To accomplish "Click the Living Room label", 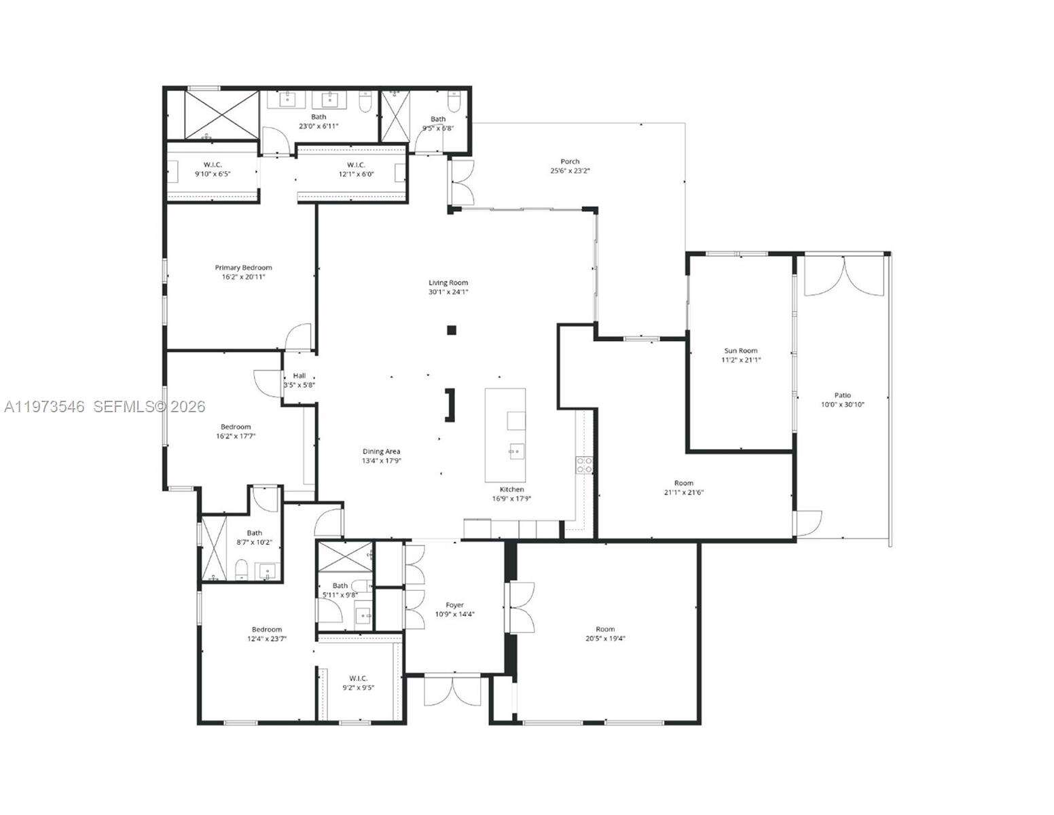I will tap(448, 283).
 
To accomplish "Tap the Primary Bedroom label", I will tap(243, 268).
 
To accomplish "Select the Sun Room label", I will tap(740, 350).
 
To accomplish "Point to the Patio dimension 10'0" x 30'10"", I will tap(842, 405).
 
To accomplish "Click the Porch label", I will tap(570, 162).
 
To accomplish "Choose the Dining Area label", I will tap(381, 451).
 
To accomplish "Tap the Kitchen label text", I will tap(511, 489).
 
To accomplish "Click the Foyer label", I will tap(454, 605).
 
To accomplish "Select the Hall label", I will tap(299, 376).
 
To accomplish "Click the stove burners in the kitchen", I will tap(583, 465).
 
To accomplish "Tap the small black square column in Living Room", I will tap(452, 330).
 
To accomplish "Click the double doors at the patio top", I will tap(843, 277).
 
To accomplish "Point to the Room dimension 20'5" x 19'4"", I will tap(605, 638).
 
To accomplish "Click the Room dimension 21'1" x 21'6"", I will tap(683, 492).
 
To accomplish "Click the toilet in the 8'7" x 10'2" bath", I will tap(241, 569).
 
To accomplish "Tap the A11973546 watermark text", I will tap(44, 407).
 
